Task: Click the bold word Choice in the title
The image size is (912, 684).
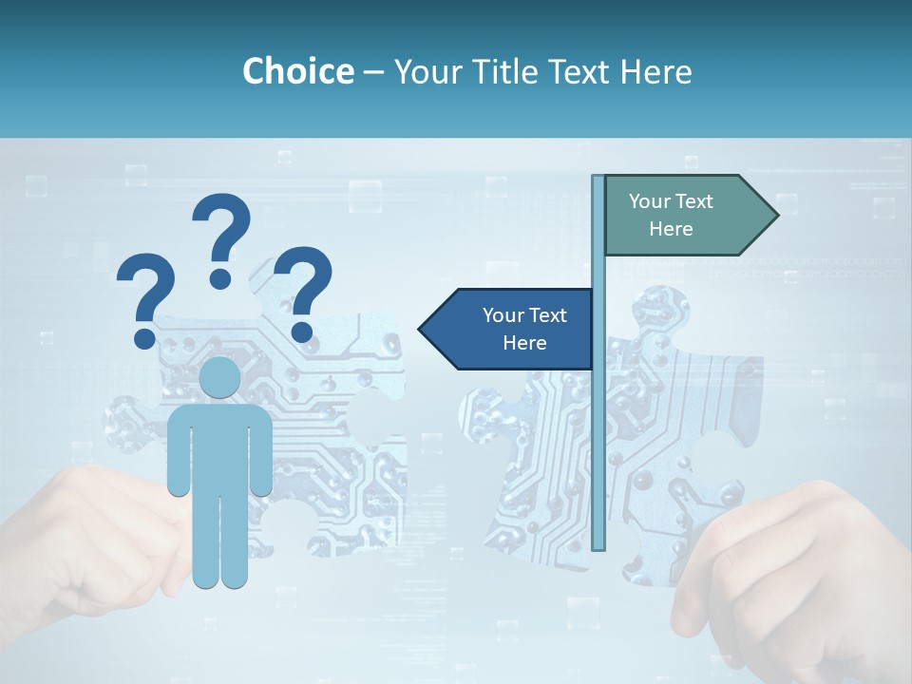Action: [x=297, y=71]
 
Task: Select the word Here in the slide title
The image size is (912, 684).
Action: [x=655, y=71]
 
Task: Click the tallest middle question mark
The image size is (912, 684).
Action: [x=221, y=233]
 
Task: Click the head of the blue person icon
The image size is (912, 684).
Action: [x=219, y=377]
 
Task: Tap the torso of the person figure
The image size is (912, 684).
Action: [x=219, y=446]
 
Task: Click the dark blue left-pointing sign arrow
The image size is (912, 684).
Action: [x=508, y=329]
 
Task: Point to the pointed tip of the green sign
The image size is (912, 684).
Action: [x=776, y=215]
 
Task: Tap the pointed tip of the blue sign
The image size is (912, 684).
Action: [x=421, y=329]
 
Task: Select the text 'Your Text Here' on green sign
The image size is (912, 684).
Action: [x=671, y=215]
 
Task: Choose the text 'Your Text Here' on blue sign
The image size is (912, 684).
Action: [x=524, y=329]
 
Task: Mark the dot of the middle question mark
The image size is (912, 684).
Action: [x=221, y=278]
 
